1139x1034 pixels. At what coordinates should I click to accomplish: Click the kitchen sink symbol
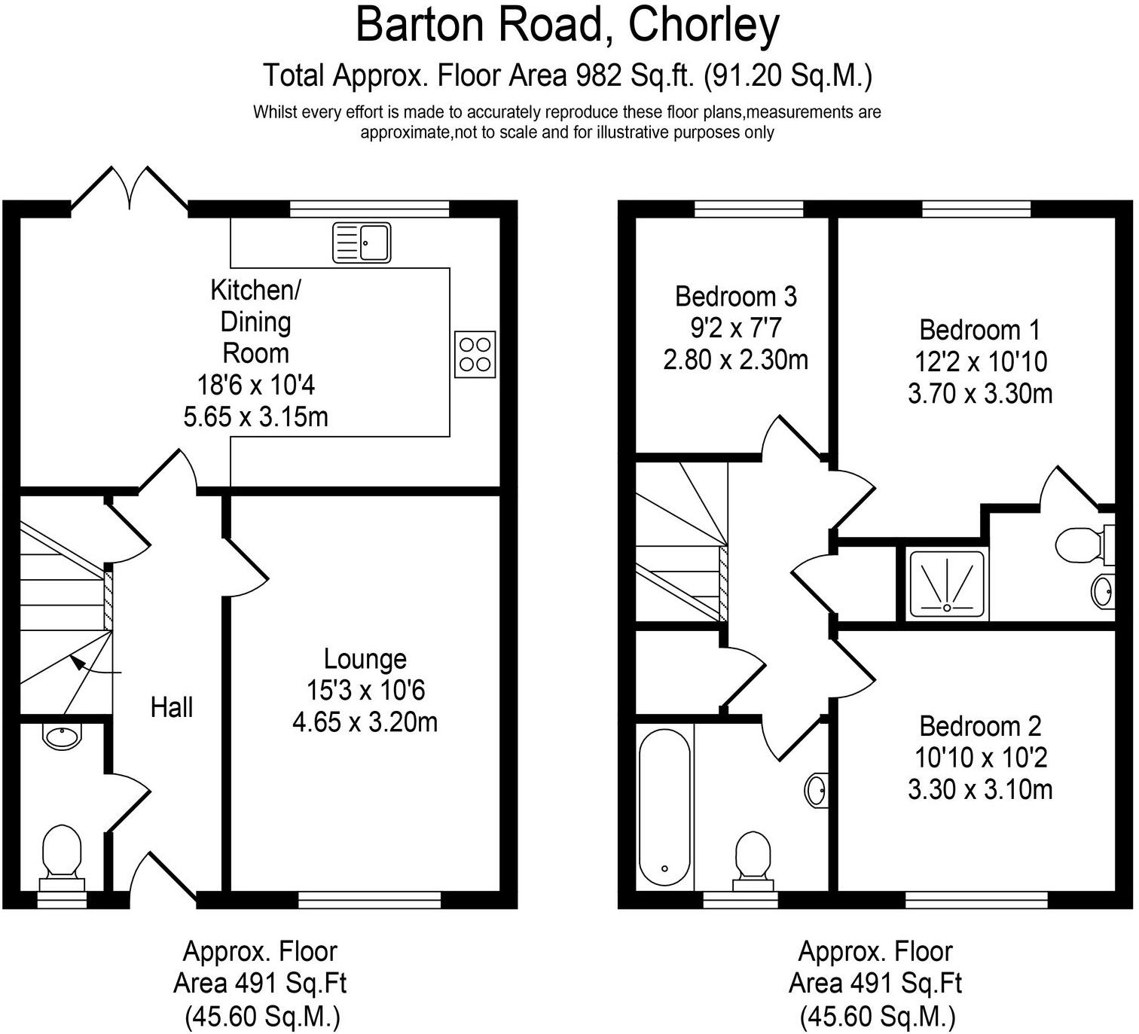click(x=362, y=242)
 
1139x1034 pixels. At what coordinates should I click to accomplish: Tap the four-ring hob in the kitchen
click(x=475, y=355)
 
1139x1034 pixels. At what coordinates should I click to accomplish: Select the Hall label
click(x=172, y=707)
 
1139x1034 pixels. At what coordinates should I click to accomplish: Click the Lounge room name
click(x=365, y=659)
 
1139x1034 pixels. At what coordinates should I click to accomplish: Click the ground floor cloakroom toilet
click(x=62, y=855)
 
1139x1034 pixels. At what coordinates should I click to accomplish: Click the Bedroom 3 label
click(x=735, y=297)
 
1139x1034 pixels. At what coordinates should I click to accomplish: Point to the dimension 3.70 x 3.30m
click(x=980, y=394)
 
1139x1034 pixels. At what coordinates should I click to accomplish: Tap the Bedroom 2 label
click(x=980, y=726)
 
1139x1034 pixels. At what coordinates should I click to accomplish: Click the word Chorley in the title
click(x=703, y=26)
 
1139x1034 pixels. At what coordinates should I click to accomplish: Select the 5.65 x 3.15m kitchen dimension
click(x=255, y=416)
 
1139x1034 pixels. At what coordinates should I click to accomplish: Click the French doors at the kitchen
click(x=129, y=188)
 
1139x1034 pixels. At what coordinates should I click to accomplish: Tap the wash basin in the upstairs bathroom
click(x=817, y=790)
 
